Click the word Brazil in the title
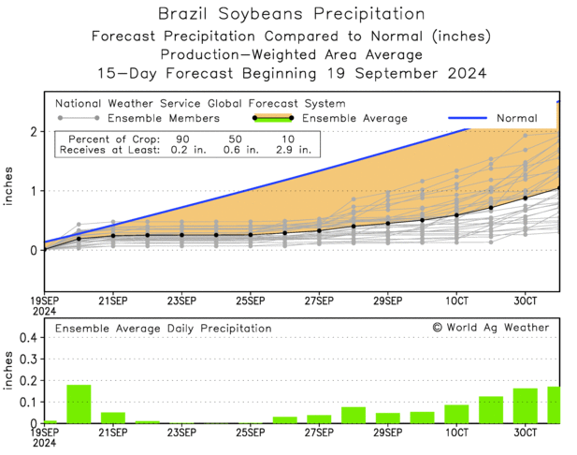coord(189,14)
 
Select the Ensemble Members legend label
coord(164,119)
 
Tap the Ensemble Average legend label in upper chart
coord(355,119)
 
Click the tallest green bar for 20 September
coord(79,404)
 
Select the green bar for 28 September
coord(353,415)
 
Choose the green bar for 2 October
coord(491,409)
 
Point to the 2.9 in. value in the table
coord(291,149)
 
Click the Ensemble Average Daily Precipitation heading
coord(163,329)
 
